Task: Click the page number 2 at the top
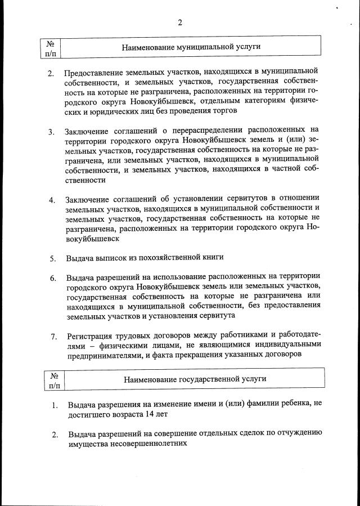[x=180, y=23]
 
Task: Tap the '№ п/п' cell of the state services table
[x=54, y=379]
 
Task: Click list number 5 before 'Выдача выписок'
[x=52, y=259]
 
